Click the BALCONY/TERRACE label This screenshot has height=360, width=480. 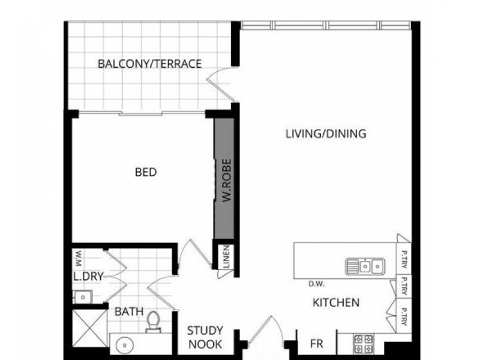149,64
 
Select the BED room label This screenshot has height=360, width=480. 146,173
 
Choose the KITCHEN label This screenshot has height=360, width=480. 336,302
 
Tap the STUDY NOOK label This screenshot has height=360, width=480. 205,337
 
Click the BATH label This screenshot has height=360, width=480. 129,312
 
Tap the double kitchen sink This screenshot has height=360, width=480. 365,265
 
